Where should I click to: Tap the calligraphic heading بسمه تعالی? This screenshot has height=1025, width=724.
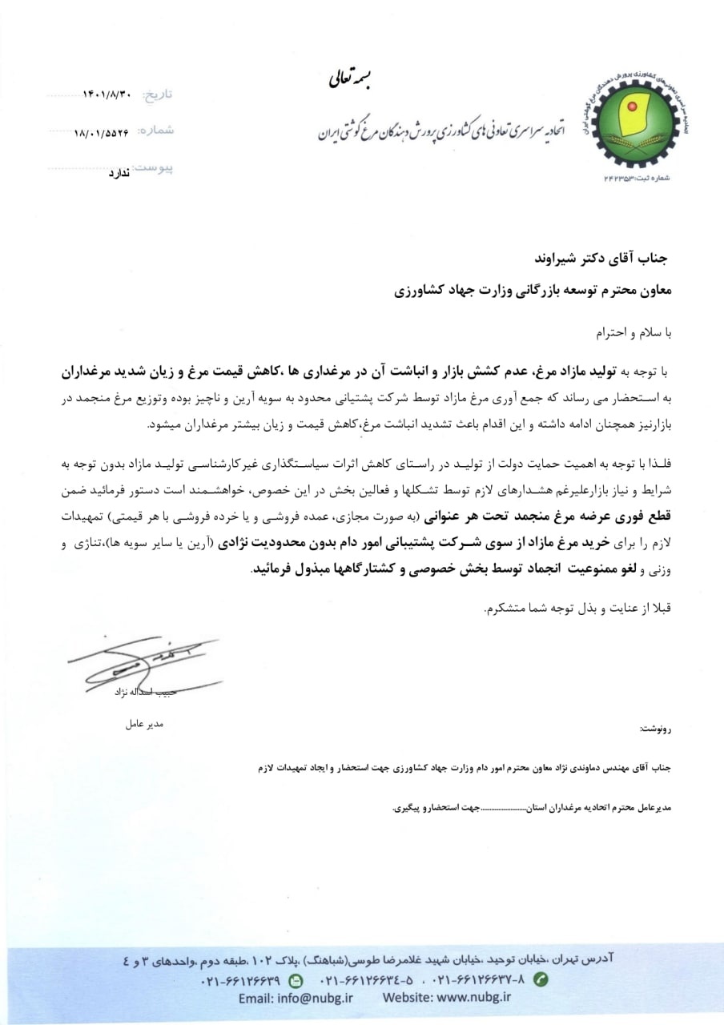coord(351,78)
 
